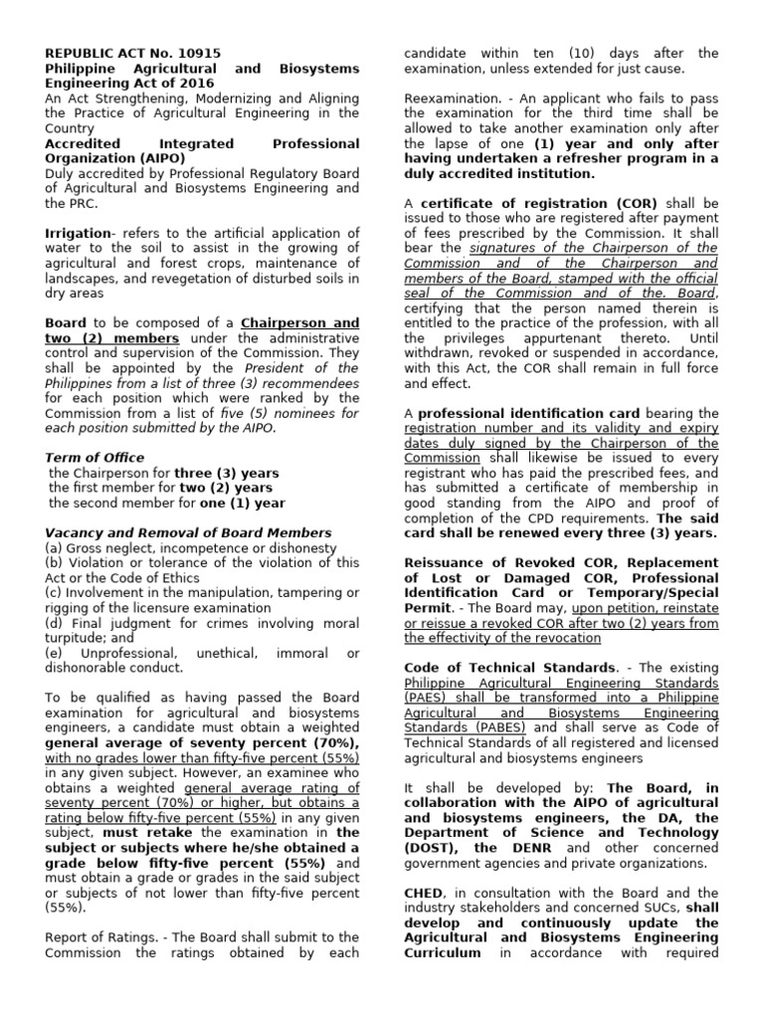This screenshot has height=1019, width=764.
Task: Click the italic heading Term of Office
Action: coord(93,457)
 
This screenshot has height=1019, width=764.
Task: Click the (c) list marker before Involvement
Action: coord(55,593)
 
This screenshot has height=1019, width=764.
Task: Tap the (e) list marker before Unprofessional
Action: coord(56,653)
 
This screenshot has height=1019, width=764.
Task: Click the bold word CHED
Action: coord(424,893)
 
